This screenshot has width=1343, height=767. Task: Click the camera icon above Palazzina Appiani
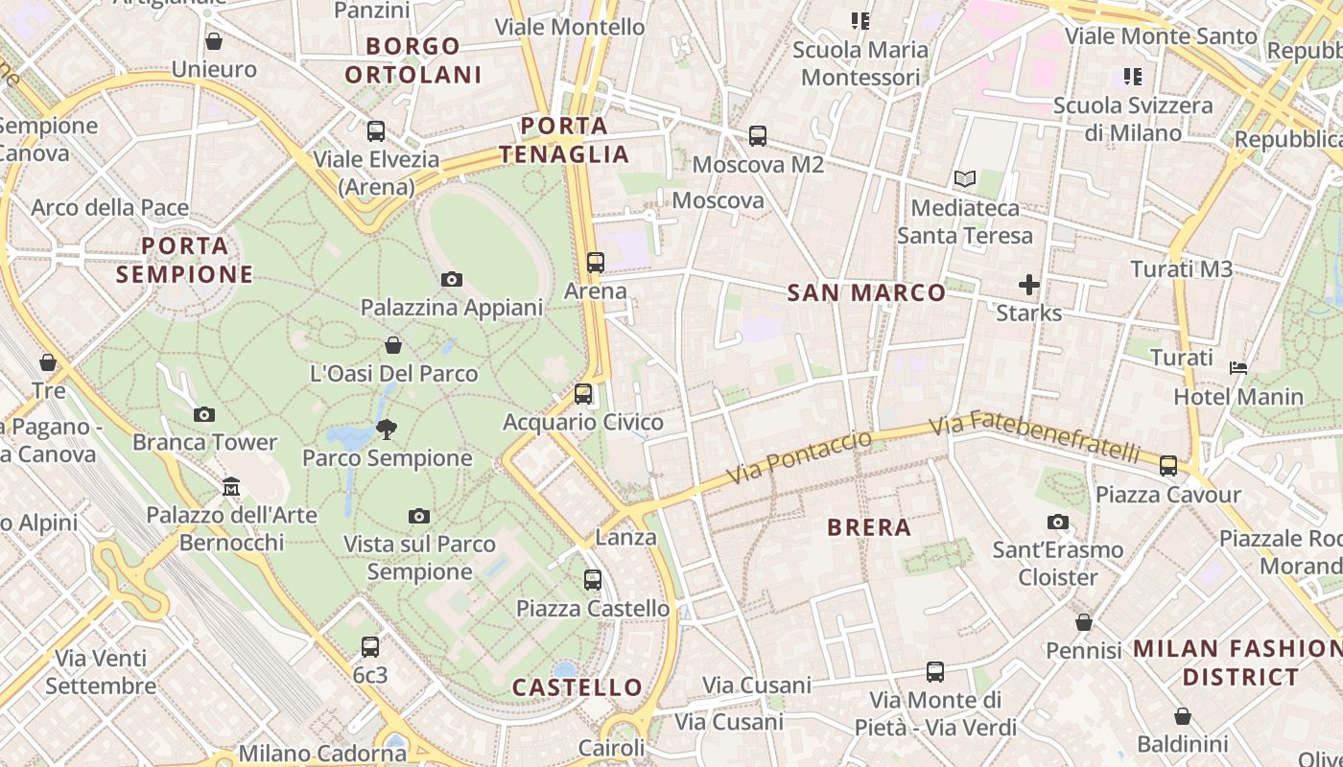451,280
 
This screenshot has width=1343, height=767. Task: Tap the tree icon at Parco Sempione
387,429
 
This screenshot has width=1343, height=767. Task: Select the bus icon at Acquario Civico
582,394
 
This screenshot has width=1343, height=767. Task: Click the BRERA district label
868,526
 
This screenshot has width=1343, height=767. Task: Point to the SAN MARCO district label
866,292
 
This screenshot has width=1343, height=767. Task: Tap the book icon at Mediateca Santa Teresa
964,179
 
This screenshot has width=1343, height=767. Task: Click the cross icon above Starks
1028,285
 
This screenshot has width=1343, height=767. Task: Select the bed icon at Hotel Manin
1238,368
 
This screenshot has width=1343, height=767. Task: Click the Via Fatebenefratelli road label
1035,436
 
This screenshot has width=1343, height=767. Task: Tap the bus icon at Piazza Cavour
1167,466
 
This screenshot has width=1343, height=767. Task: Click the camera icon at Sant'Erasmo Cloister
1058,523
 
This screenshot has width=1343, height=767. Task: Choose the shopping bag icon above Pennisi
1083,623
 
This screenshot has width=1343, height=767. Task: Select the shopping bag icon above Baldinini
1182,716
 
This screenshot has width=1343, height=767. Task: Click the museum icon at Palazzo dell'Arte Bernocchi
230,487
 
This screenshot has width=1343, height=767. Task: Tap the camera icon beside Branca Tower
203,415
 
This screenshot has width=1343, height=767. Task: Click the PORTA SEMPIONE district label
185,260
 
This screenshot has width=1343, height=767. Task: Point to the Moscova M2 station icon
757,136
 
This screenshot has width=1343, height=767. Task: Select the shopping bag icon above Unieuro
214,41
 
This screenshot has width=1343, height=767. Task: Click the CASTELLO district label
577,686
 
